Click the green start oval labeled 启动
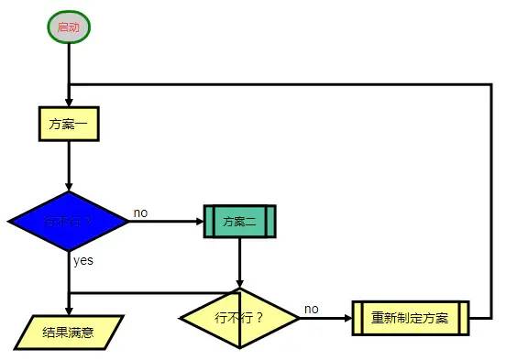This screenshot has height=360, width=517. tap(69, 27)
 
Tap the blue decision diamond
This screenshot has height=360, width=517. tap(69, 222)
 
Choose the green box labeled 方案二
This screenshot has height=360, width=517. tap(239, 222)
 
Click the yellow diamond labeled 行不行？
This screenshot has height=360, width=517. tap(239, 319)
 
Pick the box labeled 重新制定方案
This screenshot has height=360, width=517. tap(410, 319)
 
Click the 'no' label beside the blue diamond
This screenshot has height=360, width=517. tap(140, 213)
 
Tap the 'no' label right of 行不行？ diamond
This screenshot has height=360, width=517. tap(312, 309)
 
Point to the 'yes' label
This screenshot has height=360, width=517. tap(83, 260)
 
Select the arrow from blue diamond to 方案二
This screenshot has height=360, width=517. tap(165, 222)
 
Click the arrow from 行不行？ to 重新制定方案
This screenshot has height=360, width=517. tap(325, 319)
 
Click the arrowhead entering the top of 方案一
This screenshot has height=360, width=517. tap(69, 101)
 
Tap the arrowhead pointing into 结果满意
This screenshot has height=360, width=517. tap(69, 309)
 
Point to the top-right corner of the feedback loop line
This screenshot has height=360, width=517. tap(491, 84)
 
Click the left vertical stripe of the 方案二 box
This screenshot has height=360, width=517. tap(210, 222)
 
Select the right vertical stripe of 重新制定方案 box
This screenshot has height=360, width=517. tap(463, 319)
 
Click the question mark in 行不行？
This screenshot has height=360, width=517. tap(259, 319)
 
